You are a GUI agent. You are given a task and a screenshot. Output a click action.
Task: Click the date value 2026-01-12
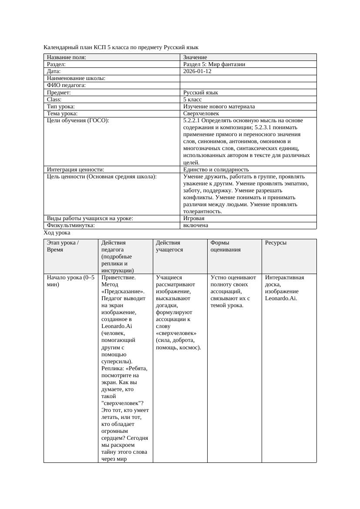(x=197, y=71)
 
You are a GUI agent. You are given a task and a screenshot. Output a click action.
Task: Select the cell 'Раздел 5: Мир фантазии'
(x=214, y=64)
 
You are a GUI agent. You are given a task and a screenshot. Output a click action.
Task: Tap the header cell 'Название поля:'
(x=66, y=57)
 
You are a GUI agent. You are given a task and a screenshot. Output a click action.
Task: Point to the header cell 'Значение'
(x=195, y=57)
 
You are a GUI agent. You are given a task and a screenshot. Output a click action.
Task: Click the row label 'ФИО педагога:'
(x=66, y=85)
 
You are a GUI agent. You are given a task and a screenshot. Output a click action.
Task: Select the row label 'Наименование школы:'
(x=76, y=78)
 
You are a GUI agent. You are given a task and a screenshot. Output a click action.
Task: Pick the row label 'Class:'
(x=54, y=100)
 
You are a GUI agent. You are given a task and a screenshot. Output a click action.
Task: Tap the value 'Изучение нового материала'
(x=219, y=107)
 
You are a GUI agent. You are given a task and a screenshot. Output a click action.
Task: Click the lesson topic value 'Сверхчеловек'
(x=198, y=114)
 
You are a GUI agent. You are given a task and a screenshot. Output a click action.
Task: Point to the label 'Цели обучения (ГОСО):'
(x=77, y=121)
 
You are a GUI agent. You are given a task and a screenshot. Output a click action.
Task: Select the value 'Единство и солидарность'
(x=216, y=170)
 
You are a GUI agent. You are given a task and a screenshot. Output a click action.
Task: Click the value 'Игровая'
(x=194, y=218)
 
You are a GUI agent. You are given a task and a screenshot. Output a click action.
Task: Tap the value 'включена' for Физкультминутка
(x=195, y=225)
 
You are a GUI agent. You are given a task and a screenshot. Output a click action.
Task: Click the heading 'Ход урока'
(x=57, y=233)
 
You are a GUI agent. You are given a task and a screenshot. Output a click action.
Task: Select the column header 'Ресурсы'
(x=276, y=243)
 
